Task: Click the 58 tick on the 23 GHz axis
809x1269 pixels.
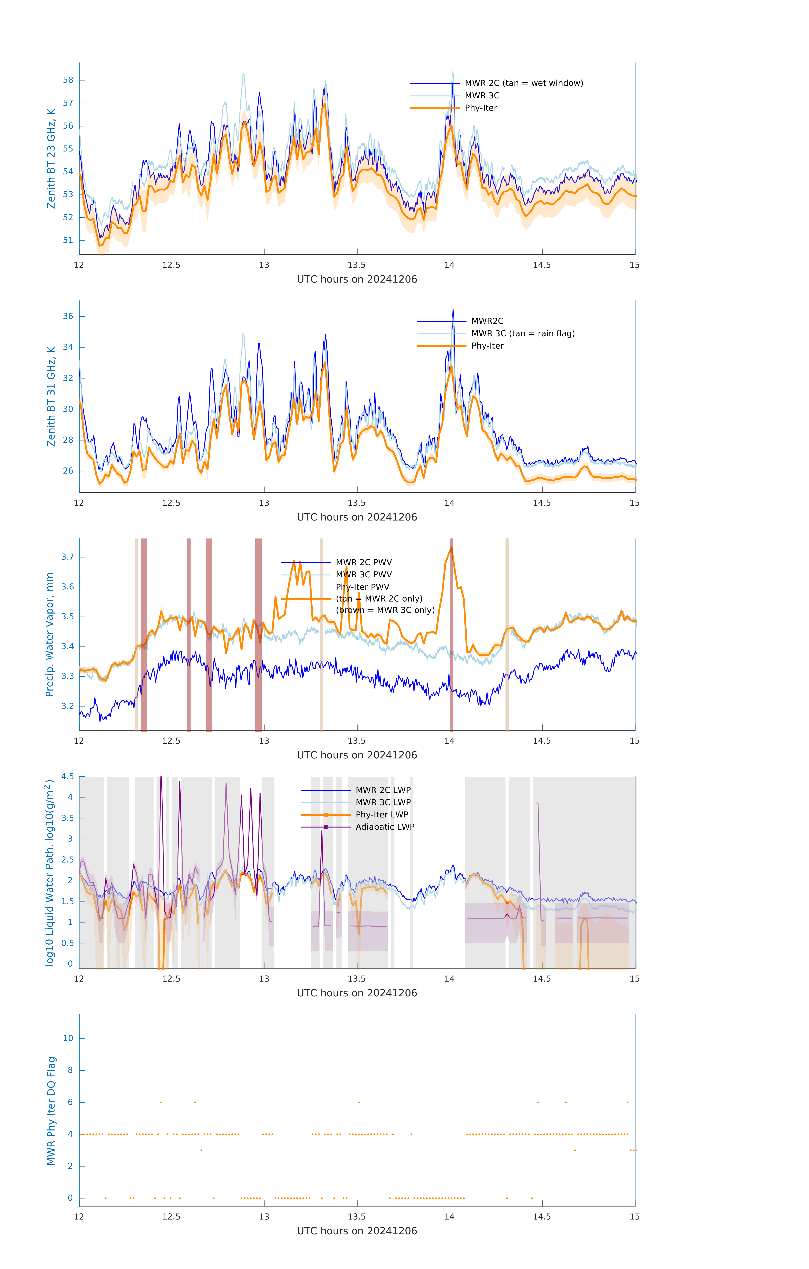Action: [68, 80]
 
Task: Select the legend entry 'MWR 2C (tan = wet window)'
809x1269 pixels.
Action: [523, 83]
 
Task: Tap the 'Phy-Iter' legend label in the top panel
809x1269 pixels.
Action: [481, 108]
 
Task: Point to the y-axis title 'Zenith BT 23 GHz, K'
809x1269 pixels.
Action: [51, 159]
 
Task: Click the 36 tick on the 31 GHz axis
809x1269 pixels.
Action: [68, 316]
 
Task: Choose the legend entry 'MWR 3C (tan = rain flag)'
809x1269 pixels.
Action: [522, 334]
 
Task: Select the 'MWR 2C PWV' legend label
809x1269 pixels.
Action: [364, 562]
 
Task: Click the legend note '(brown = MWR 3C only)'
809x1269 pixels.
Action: [385, 610]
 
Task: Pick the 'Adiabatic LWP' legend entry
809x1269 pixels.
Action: [385, 827]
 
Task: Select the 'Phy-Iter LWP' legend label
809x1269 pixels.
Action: [382, 815]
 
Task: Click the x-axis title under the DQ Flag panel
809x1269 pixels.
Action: [357, 1231]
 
